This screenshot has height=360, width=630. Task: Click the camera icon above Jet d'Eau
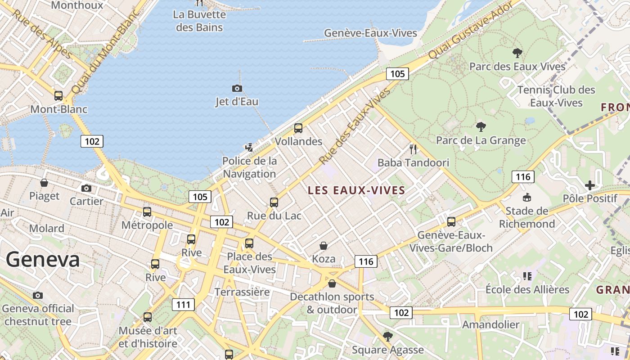pyautogui.click(x=237, y=88)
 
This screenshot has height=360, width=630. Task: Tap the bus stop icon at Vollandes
pyautogui.click(x=298, y=128)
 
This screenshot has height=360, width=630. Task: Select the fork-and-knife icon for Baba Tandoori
pyautogui.click(x=413, y=149)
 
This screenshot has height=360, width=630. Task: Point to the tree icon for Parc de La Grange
pyautogui.click(x=481, y=127)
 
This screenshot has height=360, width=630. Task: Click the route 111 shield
pyautogui.click(x=183, y=305)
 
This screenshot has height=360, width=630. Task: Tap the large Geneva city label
pyautogui.click(x=43, y=260)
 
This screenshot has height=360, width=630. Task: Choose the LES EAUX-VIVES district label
pyautogui.click(x=356, y=190)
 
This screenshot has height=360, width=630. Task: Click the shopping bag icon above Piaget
pyautogui.click(x=44, y=183)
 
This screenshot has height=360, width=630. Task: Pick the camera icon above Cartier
pyautogui.click(x=86, y=188)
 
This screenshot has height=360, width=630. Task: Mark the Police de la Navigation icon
pyautogui.click(x=249, y=147)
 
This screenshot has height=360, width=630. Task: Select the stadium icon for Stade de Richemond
pyautogui.click(x=526, y=197)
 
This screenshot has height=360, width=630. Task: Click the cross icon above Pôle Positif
pyautogui.click(x=589, y=185)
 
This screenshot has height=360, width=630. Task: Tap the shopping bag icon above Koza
pyautogui.click(x=323, y=246)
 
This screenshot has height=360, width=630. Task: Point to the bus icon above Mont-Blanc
pyautogui.click(x=58, y=95)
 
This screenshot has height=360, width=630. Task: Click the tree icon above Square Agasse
pyautogui.click(x=387, y=336)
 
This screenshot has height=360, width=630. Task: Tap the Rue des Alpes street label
pyautogui.click(x=42, y=34)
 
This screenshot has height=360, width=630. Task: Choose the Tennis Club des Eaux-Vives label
pyautogui.click(x=556, y=96)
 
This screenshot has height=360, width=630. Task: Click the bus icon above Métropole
pyautogui.click(x=147, y=211)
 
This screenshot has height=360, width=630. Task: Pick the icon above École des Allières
pyautogui.click(x=527, y=276)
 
